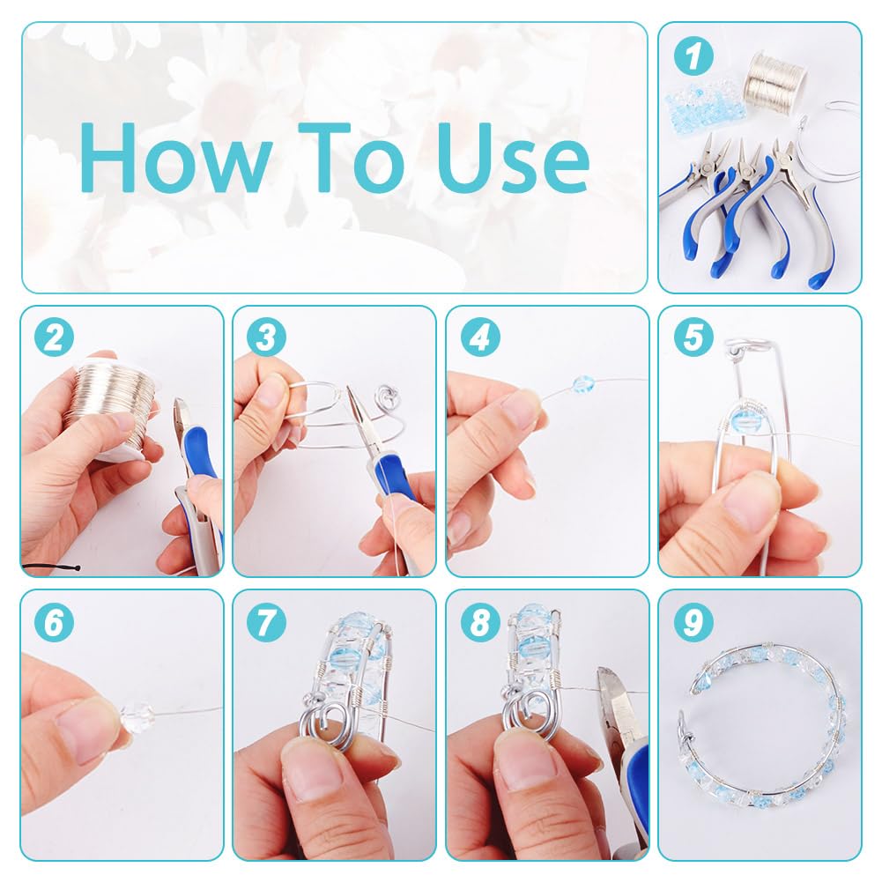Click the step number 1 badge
tap(693, 56)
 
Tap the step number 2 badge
tap(55, 337)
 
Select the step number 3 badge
tap(267, 337)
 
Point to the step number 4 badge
tap(480, 337)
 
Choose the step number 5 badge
tap(693, 337)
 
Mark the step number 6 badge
tap(55, 622)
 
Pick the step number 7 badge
tap(267, 622)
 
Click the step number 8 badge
tap(480, 622)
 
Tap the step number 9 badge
tap(693, 622)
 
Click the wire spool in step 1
tap(775, 78)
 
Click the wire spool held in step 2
tap(116, 404)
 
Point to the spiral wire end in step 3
tap(388, 394)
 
